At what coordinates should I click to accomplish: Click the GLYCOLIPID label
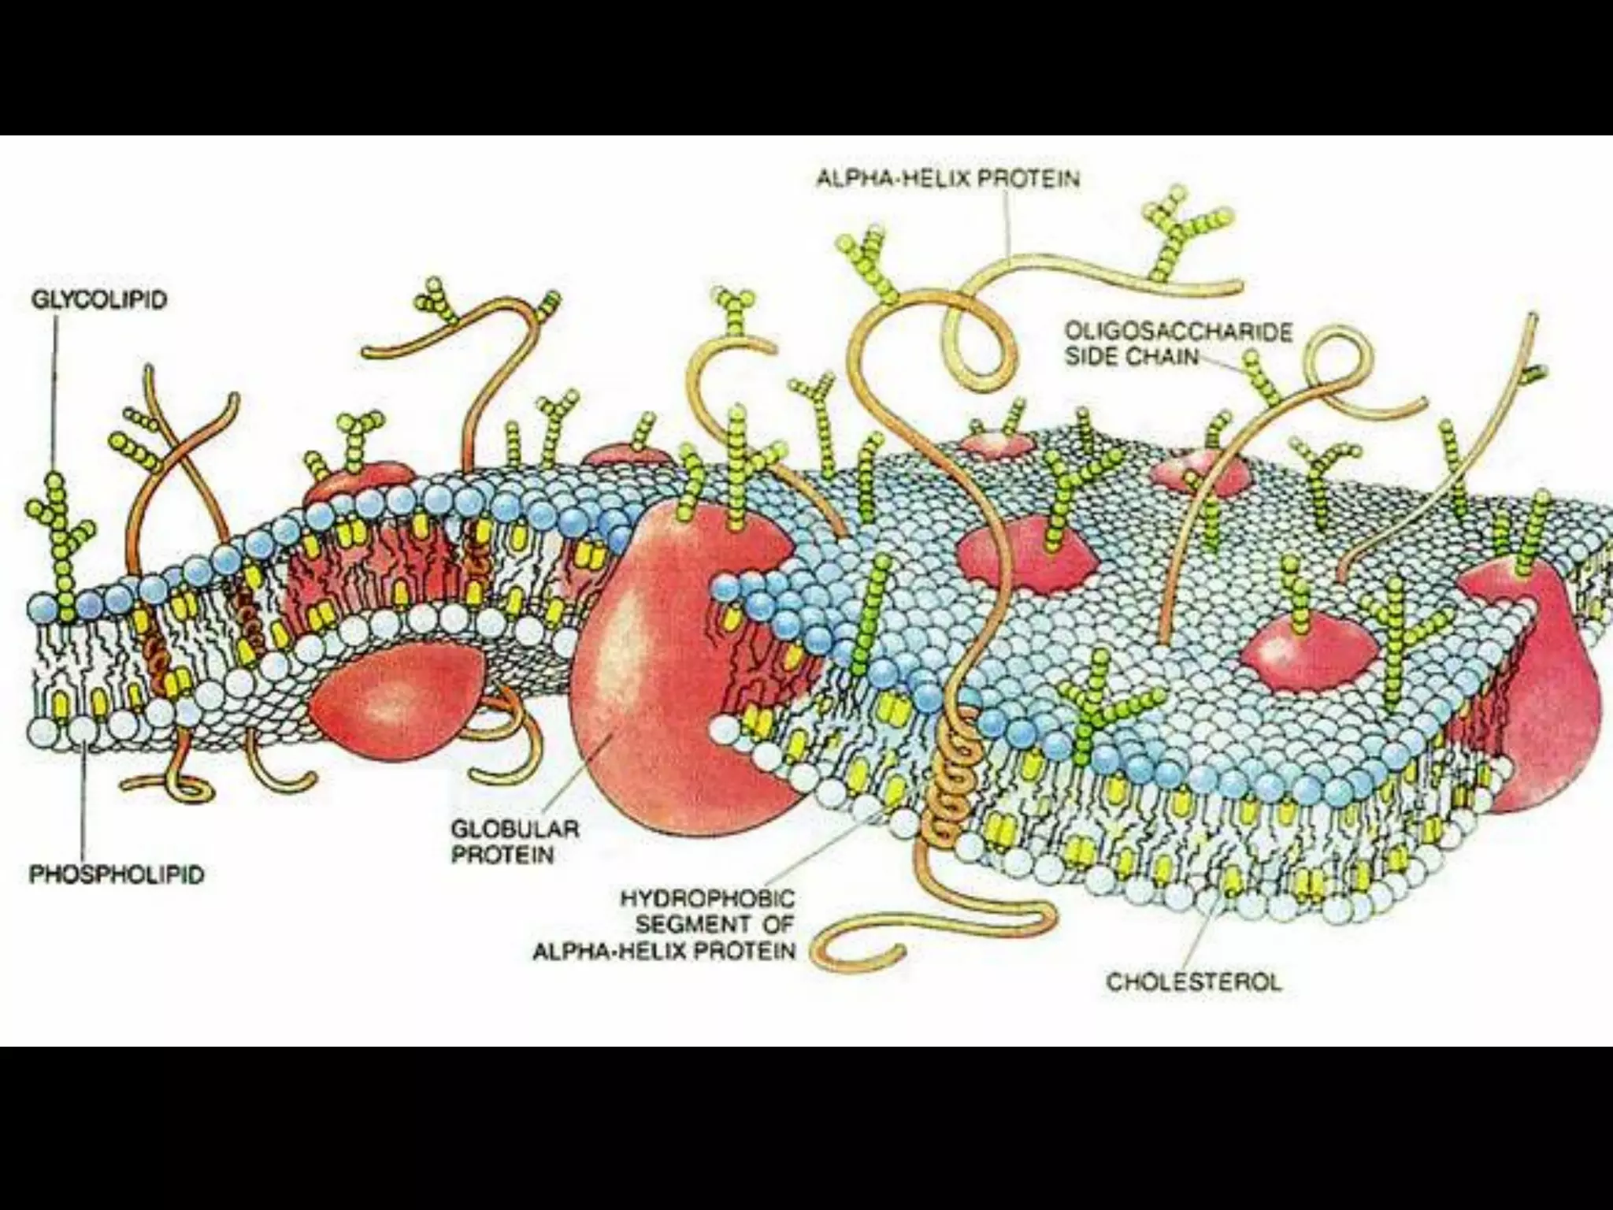99,300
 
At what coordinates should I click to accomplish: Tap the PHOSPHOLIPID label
117,874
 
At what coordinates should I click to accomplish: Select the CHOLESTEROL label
1193,982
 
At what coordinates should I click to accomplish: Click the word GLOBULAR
514,829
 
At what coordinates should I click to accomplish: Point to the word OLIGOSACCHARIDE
1178,332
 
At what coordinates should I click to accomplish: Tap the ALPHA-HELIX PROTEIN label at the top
947,179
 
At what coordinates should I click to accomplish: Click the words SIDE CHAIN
1132,357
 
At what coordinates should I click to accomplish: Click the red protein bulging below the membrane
394,701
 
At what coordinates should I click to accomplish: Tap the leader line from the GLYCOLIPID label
55,394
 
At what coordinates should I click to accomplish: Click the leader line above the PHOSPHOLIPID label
83,804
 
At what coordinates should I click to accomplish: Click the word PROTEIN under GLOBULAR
502,855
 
